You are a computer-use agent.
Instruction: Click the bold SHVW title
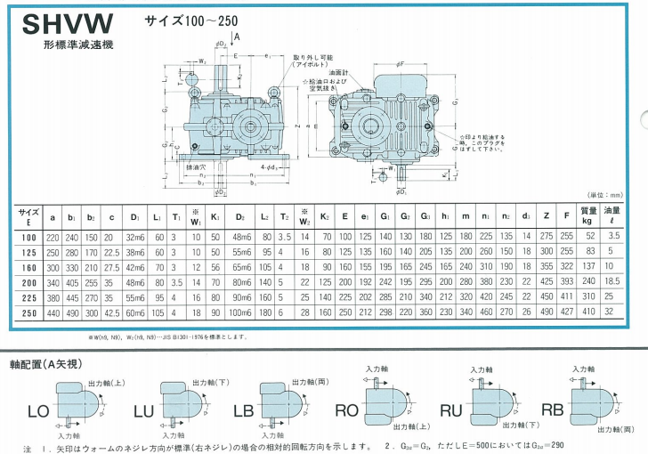click(55, 22)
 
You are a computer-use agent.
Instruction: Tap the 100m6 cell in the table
click(240, 313)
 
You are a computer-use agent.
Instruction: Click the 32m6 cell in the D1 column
click(135, 238)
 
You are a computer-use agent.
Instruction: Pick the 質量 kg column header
click(587, 215)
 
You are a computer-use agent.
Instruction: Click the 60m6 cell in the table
click(135, 313)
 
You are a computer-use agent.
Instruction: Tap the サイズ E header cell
click(28, 215)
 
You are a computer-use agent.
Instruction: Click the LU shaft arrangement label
click(142, 412)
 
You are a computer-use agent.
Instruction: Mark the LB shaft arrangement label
click(243, 412)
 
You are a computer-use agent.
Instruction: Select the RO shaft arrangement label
click(346, 411)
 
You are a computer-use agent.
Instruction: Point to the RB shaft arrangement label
click(553, 411)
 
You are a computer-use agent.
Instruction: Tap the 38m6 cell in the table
click(135, 253)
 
